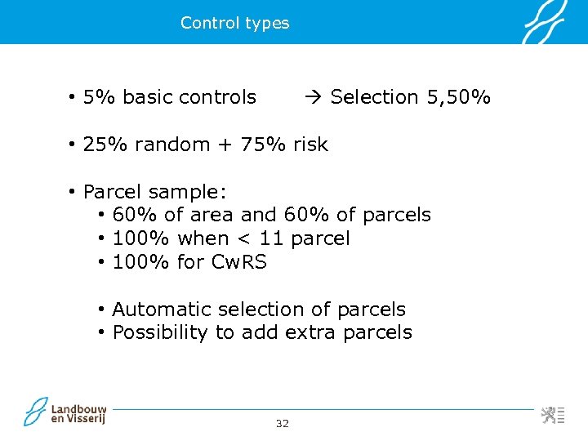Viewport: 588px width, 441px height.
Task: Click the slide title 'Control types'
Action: coord(234,23)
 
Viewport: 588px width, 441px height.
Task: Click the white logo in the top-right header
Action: coord(545,22)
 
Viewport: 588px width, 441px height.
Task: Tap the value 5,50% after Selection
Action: coord(458,97)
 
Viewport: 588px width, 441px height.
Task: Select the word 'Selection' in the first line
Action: coord(374,97)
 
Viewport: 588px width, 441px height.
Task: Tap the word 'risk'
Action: coord(310,145)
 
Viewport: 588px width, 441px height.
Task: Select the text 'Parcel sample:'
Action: coord(155,192)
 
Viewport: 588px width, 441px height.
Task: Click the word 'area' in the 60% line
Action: coord(212,215)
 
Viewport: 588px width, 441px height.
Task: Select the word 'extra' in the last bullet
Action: coord(310,332)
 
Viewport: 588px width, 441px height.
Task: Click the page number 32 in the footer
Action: coord(283,423)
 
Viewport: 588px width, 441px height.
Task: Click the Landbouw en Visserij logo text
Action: coord(78,413)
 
